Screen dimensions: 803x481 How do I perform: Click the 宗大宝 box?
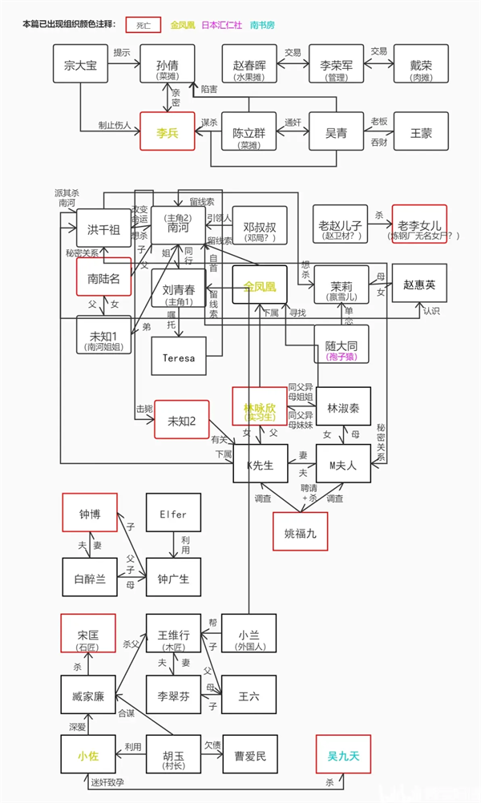pyautogui.click(x=80, y=65)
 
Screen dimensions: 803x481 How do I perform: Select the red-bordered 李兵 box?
pyautogui.click(x=168, y=131)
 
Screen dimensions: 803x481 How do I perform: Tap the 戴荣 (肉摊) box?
pyautogui.click(x=421, y=65)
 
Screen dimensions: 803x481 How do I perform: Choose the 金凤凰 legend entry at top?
pyautogui.click(x=184, y=25)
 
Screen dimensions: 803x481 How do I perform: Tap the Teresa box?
pyautogui.click(x=178, y=356)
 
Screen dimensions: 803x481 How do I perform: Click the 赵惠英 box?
pyautogui.click(x=418, y=284)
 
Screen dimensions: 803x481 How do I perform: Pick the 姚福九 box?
pyautogui.click(x=301, y=531)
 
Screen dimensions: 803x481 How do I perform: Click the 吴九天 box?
pyautogui.click(x=343, y=755)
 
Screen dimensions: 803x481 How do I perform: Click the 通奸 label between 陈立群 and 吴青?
pyautogui.click(x=293, y=122)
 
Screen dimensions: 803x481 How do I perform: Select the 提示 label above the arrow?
pyautogui.click(x=122, y=52)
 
